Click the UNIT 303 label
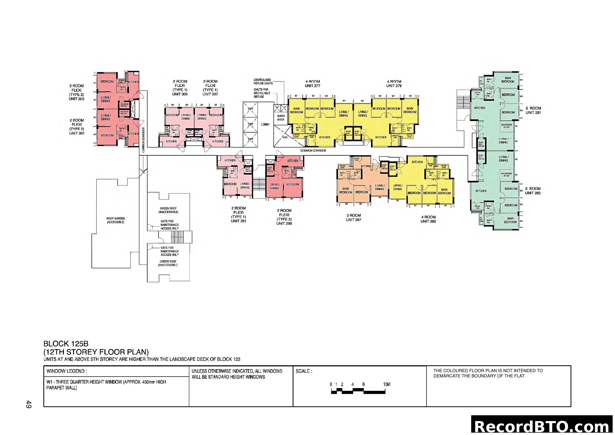[77, 99]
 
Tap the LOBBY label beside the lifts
[265, 125]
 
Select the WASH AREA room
[281, 118]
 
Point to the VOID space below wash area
[285, 137]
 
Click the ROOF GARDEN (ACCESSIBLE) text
[115, 220]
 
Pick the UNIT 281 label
[533, 113]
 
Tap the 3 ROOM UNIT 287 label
[353, 217]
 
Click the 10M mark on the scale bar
[387, 385]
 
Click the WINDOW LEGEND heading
[67, 371]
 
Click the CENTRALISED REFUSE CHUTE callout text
[263, 82]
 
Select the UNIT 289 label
[284, 223]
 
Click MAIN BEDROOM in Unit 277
[296, 110]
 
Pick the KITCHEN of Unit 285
[417, 162]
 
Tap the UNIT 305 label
[180, 94]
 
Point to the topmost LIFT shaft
[251, 109]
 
